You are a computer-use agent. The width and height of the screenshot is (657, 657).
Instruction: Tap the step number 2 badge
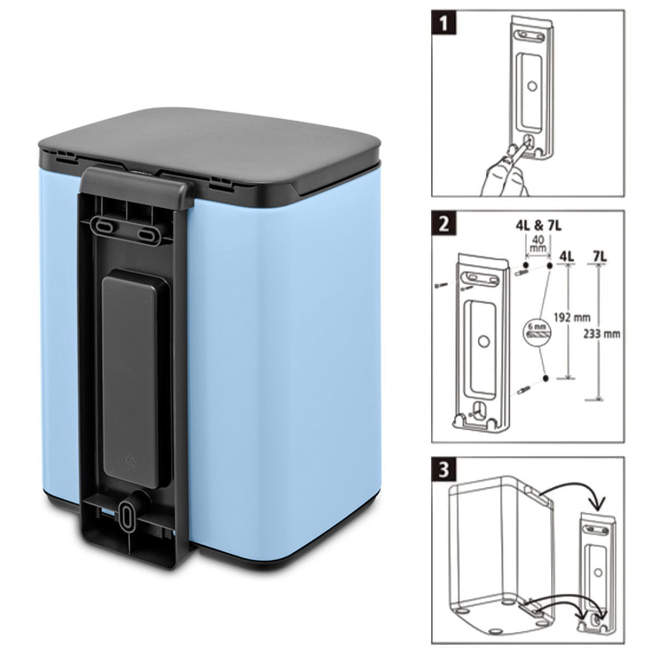[x=444, y=224]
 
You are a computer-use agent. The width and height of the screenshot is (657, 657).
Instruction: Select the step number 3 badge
[x=444, y=470]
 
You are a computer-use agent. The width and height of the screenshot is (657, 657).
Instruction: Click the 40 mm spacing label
[x=538, y=244]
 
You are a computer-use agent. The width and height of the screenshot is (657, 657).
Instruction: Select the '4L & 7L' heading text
[x=538, y=226]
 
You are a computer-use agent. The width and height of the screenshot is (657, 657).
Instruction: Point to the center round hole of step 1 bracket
[x=530, y=86]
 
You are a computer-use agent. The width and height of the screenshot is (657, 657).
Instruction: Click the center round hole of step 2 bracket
[x=483, y=341]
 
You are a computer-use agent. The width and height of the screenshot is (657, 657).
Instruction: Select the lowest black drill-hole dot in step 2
[x=545, y=378]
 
